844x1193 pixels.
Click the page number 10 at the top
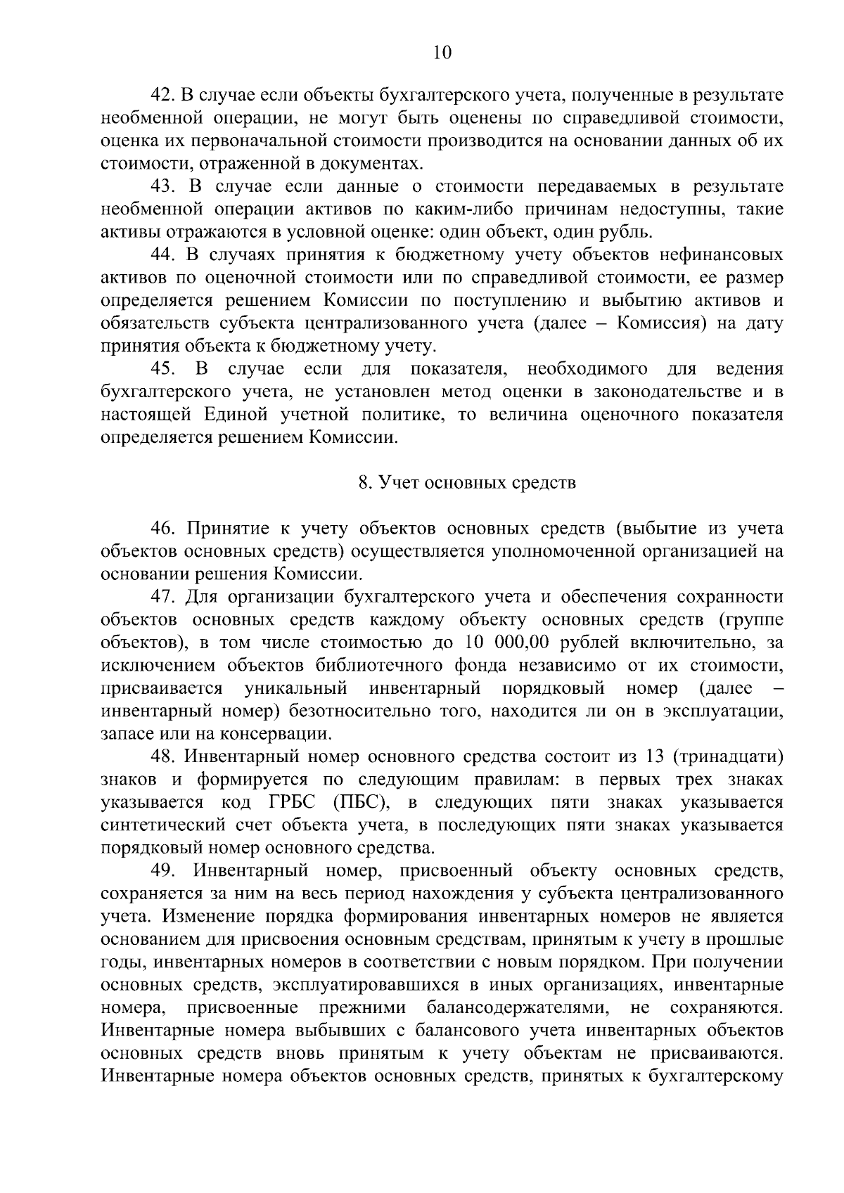pos(442,53)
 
